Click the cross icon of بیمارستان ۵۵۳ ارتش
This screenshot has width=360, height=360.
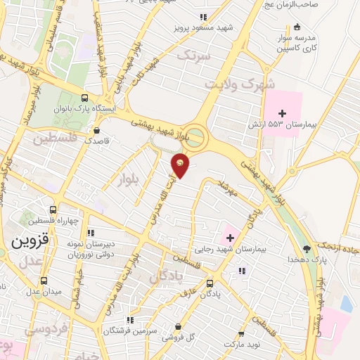coord(283,112)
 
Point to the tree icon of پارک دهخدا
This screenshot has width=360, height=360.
coord(306,248)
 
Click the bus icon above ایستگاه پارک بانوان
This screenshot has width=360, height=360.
coord(85,98)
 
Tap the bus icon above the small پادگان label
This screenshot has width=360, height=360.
coord(210,283)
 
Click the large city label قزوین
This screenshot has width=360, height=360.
coord(28,240)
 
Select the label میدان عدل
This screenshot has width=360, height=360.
coord(44,290)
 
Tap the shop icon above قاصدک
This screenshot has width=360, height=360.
coord(96,130)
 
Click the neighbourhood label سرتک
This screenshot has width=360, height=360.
coord(193,54)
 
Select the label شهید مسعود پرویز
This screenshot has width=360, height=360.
coord(204,30)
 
